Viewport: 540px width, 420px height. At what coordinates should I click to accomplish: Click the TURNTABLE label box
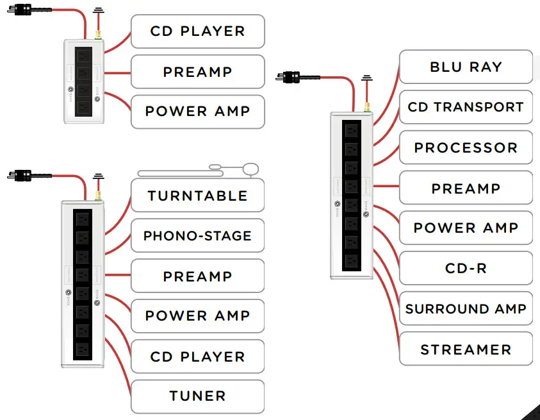[x=197, y=196]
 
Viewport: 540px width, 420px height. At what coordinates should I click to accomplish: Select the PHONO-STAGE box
[x=197, y=236]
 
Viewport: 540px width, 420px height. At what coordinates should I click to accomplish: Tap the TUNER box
[x=197, y=396]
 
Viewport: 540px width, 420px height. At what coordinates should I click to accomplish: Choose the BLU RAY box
[x=466, y=67]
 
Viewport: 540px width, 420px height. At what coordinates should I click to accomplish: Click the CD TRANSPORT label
[x=466, y=107]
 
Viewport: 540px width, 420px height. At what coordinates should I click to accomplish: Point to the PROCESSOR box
[x=466, y=147]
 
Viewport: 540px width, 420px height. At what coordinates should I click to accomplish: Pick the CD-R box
[x=466, y=268]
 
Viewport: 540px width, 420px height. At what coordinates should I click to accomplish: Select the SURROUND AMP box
[x=466, y=309]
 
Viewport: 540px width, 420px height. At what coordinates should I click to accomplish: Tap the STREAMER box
[x=466, y=349]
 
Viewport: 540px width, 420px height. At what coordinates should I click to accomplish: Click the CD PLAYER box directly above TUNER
[x=197, y=357]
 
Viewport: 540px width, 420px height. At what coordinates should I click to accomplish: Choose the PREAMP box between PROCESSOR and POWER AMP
[x=466, y=188]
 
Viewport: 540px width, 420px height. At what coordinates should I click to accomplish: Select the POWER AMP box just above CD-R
[x=466, y=228]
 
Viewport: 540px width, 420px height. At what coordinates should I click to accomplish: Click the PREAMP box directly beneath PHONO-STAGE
[x=197, y=276]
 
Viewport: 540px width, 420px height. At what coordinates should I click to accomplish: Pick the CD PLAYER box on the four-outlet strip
[x=197, y=31]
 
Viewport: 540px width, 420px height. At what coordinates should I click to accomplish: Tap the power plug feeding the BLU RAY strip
[x=291, y=78]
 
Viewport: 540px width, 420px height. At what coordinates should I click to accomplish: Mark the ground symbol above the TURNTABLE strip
[x=98, y=176]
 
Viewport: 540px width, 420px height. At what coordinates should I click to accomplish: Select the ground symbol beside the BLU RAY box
[x=366, y=78]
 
